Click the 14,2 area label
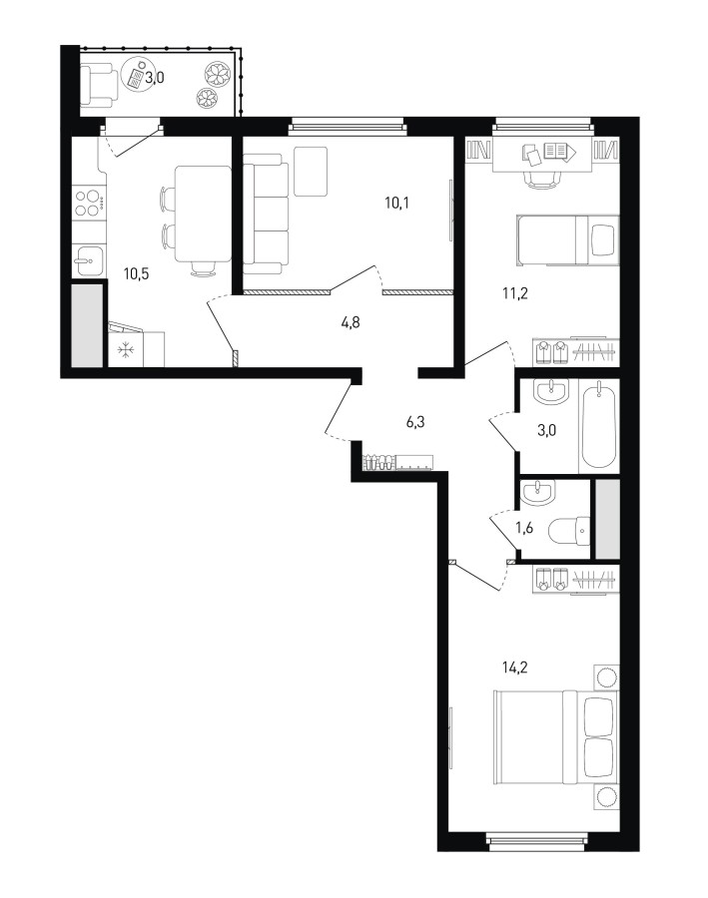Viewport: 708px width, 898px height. click(x=514, y=668)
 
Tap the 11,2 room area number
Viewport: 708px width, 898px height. click(x=515, y=293)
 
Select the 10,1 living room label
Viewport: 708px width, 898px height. click(x=397, y=203)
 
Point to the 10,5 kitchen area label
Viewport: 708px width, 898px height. click(x=137, y=273)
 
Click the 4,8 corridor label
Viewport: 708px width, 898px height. click(x=351, y=323)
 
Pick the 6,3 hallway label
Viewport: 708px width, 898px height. click(x=415, y=423)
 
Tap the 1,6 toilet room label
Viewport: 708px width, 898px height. click(x=524, y=528)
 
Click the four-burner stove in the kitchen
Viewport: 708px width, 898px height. click(x=90, y=204)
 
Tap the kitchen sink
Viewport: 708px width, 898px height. click(x=89, y=260)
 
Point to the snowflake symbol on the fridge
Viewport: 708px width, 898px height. click(x=125, y=350)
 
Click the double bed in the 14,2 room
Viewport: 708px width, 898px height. click(x=556, y=737)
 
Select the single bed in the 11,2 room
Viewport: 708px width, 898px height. click(x=567, y=239)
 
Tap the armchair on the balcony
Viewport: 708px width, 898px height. click(x=99, y=85)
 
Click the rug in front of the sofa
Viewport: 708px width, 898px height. click(x=311, y=172)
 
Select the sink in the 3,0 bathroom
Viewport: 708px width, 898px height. click(x=551, y=392)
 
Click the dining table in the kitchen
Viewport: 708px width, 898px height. click(x=203, y=214)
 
